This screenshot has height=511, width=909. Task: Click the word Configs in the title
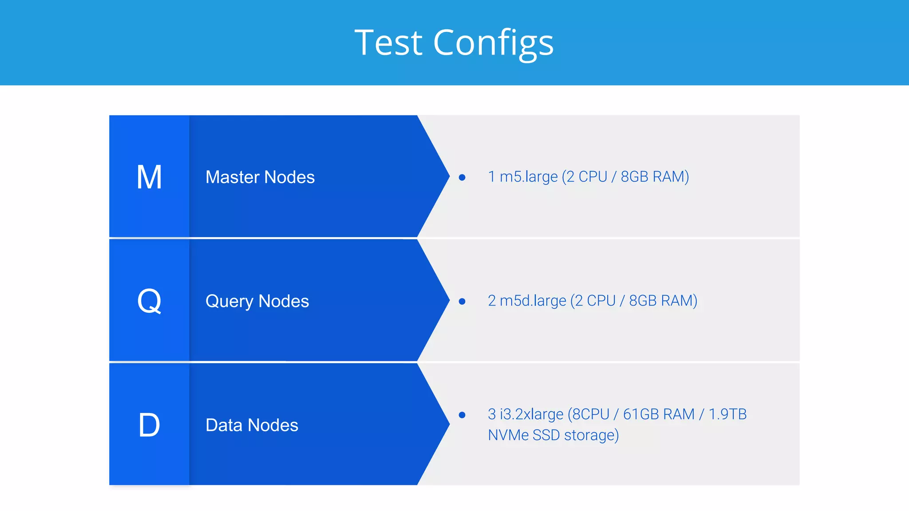(493, 43)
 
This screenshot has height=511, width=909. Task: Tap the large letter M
(149, 177)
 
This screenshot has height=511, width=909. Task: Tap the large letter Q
(149, 301)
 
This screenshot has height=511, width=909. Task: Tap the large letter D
(149, 425)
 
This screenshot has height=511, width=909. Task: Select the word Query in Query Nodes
(229, 302)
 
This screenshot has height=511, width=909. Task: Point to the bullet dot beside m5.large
(462, 177)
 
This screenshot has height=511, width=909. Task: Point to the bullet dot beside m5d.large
(462, 302)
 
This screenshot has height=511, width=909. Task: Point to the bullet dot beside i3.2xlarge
(462, 415)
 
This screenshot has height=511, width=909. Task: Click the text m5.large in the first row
(528, 177)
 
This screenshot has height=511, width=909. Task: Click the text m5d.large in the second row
(533, 301)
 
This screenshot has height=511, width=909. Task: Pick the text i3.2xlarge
(531, 414)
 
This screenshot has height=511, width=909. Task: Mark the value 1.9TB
(727, 414)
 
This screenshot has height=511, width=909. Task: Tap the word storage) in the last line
(591, 435)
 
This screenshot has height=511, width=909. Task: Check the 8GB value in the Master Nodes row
(634, 177)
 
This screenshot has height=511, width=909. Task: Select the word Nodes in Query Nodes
(284, 301)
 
